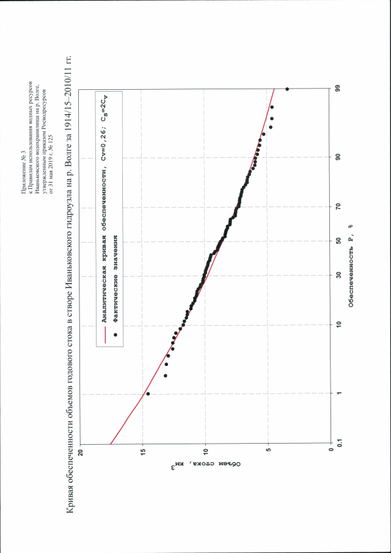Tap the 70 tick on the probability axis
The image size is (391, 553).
pos(337,208)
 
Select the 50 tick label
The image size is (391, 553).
pos(337,241)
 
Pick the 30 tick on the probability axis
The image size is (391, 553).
pos(337,275)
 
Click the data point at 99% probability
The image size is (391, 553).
pos(287,89)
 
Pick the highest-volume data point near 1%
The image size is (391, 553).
pos(148,394)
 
